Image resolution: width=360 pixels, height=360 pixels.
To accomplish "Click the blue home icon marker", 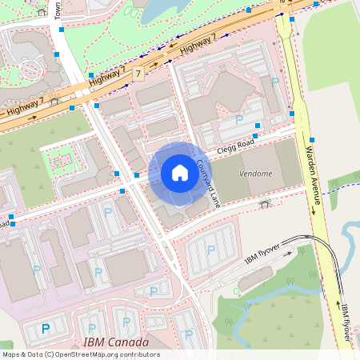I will [x=180, y=172].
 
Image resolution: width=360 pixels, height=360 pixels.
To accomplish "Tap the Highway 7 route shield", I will [x=138, y=74].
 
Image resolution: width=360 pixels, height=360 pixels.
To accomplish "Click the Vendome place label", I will [x=256, y=174].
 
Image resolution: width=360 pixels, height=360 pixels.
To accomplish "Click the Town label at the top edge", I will [x=58, y=10].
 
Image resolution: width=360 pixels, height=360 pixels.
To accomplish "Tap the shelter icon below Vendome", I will [x=264, y=204].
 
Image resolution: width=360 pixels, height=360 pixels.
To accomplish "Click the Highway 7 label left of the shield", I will [x=107, y=77].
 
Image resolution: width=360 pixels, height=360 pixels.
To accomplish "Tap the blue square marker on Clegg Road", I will [x=256, y=136].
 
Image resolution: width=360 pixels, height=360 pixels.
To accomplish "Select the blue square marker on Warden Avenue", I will [x=310, y=139].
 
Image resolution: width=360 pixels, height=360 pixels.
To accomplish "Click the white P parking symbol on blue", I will [x=46, y=328].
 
